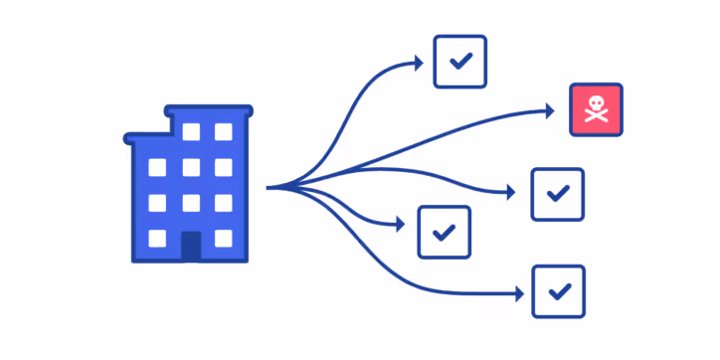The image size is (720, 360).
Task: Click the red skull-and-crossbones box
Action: pos(596,109)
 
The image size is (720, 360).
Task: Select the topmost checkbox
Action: pos(459,62)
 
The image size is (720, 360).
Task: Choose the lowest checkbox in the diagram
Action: pos(559,291)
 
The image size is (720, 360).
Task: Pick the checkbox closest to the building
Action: pos(444,232)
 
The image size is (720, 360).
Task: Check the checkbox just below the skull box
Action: pos(557,194)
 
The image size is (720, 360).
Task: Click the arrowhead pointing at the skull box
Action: pos(549,110)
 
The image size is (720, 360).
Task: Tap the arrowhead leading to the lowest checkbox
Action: pos(519,293)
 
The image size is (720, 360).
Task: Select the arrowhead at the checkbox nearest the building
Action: pos(400,225)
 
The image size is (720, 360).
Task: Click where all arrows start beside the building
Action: pos(270,187)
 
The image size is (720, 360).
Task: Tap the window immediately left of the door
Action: pos(157,239)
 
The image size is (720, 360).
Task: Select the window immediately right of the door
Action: pos(223,239)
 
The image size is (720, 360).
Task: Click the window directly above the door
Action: pos(190,203)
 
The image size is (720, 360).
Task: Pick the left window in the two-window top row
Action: pos(190,131)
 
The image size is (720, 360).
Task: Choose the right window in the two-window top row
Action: pos(223,131)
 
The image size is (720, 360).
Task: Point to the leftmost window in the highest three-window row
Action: pos(157,167)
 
